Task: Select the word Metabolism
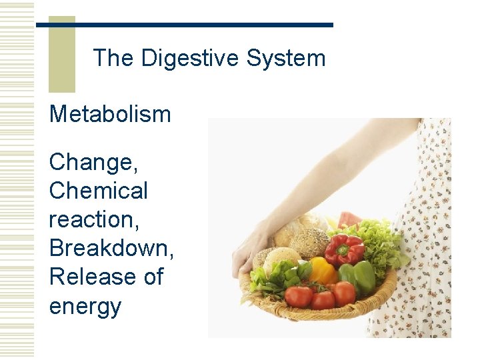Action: pyautogui.click(x=110, y=114)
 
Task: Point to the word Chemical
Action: pyautogui.click(x=99, y=191)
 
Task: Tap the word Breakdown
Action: pyautogui.click(x=111, y=248)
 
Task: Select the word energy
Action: pyautogui.click(x=85, y=306)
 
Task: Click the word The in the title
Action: pyautogui.click(x=113, y=59)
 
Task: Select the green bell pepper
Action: pyautogui.click(x=359, y=276)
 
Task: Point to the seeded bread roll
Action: pyautogui.click(x=310, y=243)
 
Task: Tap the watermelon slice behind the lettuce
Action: pyautogui.click(x=348, y=219)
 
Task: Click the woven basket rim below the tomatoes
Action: pyautogui.click(x=320, y=313)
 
